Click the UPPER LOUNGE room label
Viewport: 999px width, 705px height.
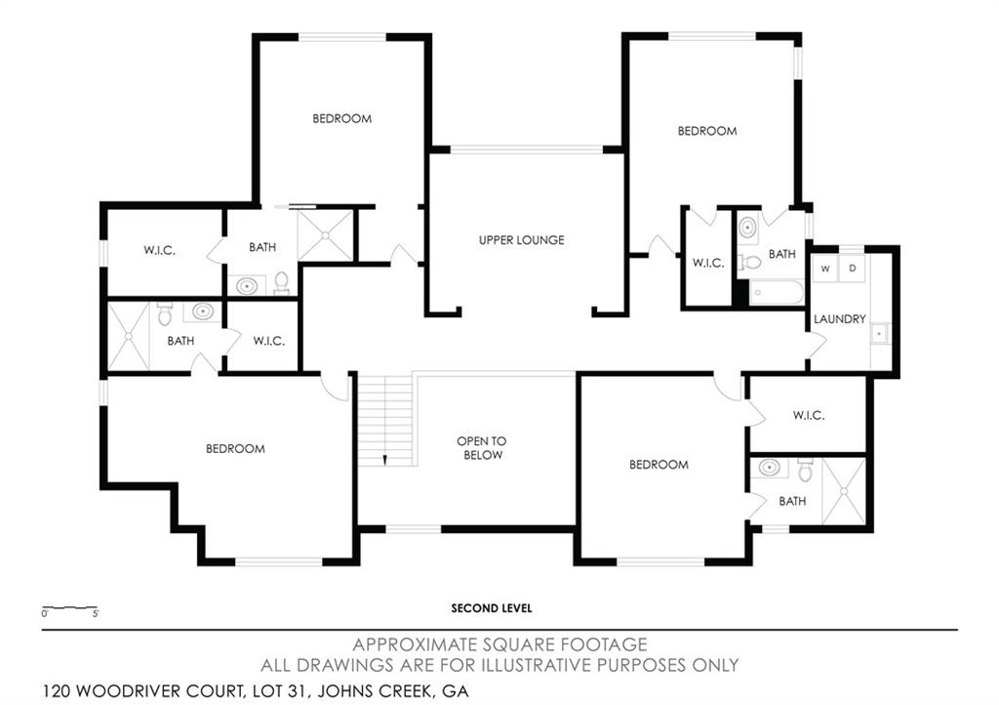pos(521,240)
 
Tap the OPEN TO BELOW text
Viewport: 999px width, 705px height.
pos(481,448)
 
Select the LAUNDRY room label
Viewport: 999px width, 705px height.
pos(840,319)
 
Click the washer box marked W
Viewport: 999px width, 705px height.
pos(825,268)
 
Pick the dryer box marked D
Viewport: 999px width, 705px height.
pos(851,268)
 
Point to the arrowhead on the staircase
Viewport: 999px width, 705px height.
pos(386,458)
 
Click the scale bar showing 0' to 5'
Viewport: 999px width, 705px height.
pos(69,609)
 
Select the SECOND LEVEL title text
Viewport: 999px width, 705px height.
pos(491,608)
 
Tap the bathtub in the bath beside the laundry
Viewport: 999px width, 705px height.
pos(777,292)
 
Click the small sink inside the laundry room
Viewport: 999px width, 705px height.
pos(878,334)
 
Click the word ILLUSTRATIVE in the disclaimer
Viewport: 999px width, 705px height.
pos(515,665)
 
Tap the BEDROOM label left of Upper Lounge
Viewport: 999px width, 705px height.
pos(341,119)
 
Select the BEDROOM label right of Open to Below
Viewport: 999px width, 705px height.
pos(659,465)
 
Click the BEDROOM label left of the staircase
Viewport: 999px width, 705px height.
pos(235,449)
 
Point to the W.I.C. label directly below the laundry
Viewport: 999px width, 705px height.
pos(809,415)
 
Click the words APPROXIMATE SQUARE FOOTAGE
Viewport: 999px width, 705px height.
pos(499,644)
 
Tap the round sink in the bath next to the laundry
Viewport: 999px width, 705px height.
pos(748,228)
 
